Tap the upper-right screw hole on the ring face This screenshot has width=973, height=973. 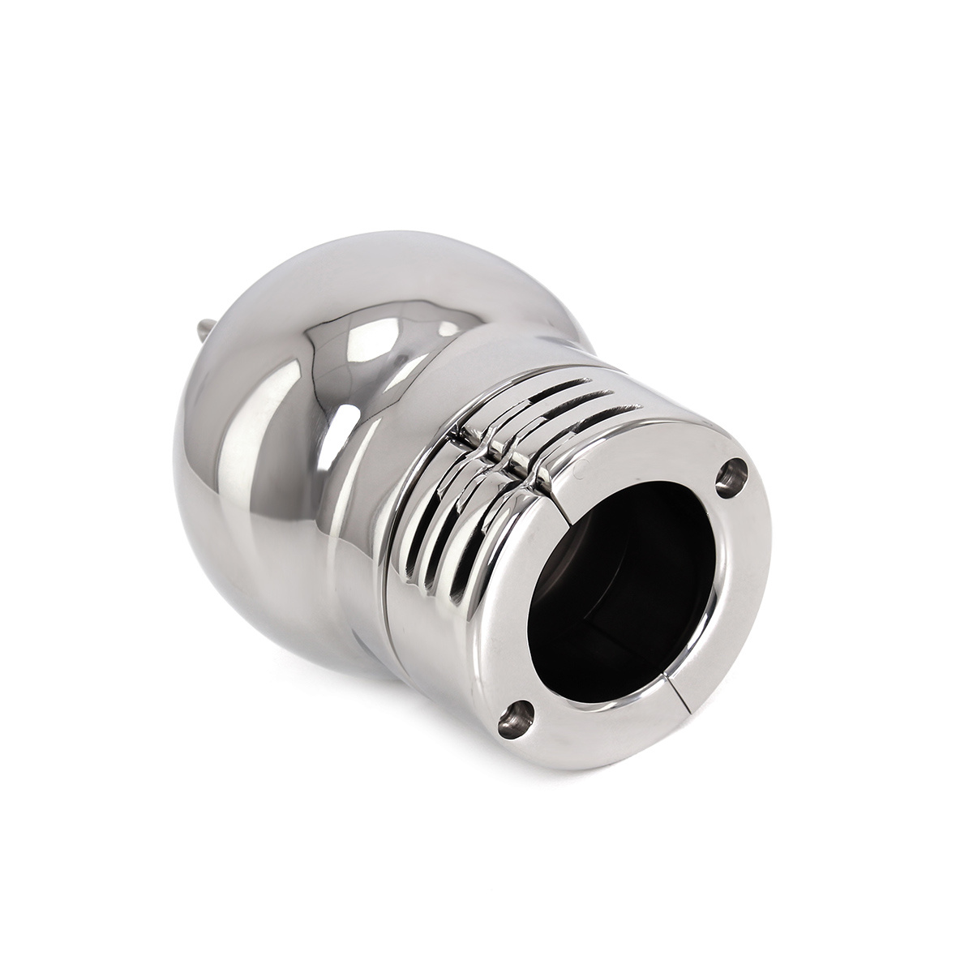point(734,474)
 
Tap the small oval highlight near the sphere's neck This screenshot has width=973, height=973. point(448,329)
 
